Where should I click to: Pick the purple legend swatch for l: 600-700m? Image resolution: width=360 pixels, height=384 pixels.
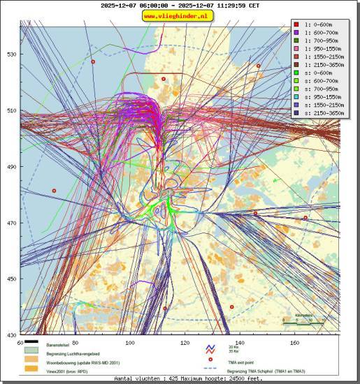tap(297, 32)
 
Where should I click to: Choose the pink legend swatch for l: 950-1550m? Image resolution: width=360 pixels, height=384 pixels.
tap(297, 48)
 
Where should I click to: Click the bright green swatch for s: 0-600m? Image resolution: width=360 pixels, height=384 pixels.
tap(297, 73)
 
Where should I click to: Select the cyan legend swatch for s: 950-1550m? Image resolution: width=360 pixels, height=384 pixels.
tap(297, 97)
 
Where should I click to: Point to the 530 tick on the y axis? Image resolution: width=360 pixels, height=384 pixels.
tap(11, 54)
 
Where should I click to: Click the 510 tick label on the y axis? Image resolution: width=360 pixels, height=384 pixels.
tap(11, 110)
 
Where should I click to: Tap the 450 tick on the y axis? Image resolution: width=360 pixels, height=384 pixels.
tap(11, 279)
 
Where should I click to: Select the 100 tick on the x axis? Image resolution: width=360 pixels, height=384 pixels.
tap(129, 343)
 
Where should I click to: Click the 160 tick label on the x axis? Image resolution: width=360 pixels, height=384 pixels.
tap(294, 343)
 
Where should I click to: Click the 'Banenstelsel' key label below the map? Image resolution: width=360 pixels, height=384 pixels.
tap(58, 346)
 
